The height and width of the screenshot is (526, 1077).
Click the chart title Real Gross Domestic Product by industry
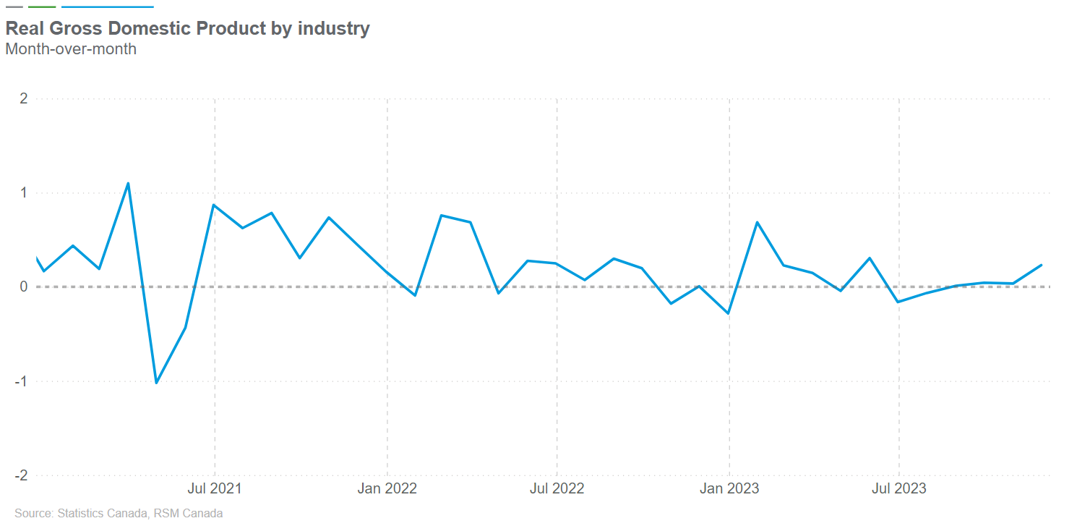click(x=187, y=28)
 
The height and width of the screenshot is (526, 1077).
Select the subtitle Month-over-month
click(x=71, y=49)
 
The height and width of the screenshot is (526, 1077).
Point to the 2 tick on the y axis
click(x=24, y=98)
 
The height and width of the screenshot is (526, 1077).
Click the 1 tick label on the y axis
click(x=24, y=192)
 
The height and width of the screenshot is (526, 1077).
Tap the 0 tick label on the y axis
click(x=24, y=287)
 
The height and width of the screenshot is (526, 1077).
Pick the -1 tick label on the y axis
click(x=22, y=381)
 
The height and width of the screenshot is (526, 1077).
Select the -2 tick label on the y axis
click(x=22, y=475)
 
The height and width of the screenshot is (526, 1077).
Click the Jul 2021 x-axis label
click(x=215, y=488)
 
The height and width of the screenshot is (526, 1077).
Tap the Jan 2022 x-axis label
click(x=387, y=488)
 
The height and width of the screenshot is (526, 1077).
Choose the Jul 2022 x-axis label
click(x=557, y=488)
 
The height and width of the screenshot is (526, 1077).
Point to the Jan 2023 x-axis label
click(x=729, y=488)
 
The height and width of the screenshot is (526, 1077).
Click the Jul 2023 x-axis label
click(x=899, y=488)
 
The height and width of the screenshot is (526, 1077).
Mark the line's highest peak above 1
click(x=128, y=183)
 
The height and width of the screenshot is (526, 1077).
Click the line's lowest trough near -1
click(x=156, y=383)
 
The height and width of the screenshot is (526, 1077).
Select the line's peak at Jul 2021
click(x=214, y=205)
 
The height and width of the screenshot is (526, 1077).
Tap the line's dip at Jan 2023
click(x=729, y=313)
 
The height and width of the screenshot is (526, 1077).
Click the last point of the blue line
click(x=1042, y=265)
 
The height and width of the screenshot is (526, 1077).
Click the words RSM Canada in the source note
click(x=193, y=514)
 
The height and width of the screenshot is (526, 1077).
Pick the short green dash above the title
click(x=42, y=7)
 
